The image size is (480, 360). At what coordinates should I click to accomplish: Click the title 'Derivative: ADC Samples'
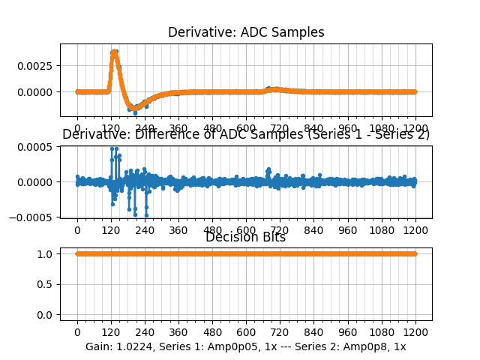pyautogui.click(x=246, y=32)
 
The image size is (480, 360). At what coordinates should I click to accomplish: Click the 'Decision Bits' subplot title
pyautogui.click(x=246, y=238)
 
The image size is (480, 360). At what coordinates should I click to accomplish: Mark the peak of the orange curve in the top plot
pyautogui.click(x=114, y=52)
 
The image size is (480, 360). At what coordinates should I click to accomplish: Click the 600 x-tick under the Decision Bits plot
pyautogui.click(x=246, y=332)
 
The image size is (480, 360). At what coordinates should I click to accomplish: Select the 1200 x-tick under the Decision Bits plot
pyautogui.click(x=415, y=332)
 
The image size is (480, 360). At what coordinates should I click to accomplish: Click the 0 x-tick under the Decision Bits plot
pyautogui.click(x=77, y=332)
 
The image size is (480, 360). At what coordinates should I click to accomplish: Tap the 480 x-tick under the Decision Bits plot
pyautogui.click(x=212, y=332)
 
